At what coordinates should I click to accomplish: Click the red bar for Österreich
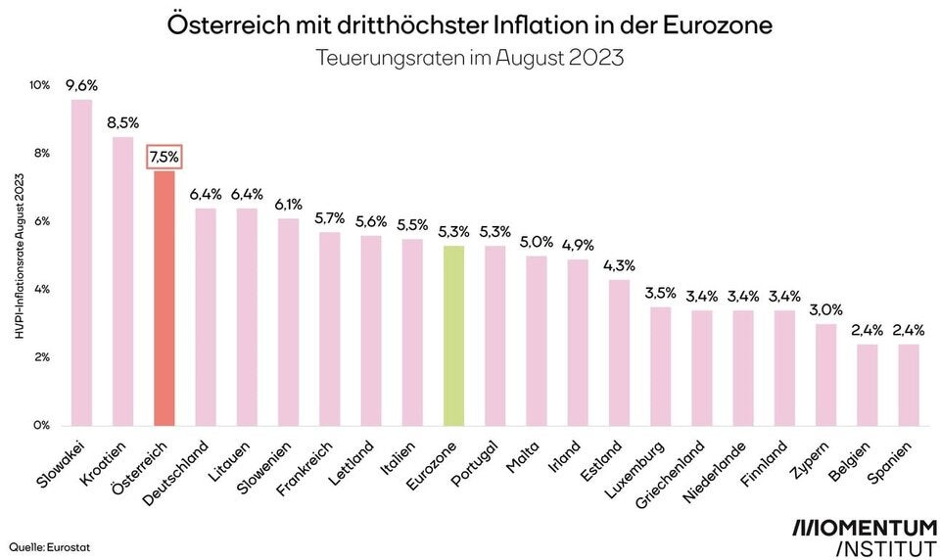point(164,299)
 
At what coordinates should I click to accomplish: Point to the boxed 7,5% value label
point(164,157)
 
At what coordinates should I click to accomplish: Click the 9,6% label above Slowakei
point(81,85)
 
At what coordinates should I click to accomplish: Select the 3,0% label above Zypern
point(826,309)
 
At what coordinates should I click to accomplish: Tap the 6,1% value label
point(288,204)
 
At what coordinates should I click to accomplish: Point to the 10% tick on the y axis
point(39,85)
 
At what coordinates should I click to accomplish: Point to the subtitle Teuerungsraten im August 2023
point(470,57)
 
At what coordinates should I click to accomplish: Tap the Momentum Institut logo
point(864,537)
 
